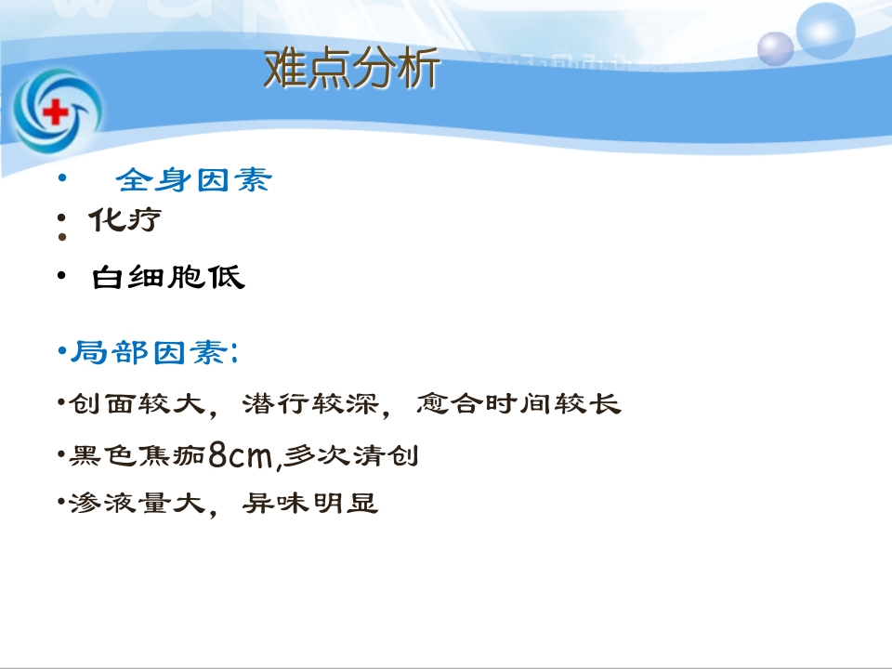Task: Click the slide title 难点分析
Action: tap(351, 70)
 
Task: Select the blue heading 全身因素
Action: tap(194, 179)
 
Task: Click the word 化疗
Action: tap(125, 220)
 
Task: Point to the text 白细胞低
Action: tap(168, 277)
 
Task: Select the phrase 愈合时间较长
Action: tap(518, 405)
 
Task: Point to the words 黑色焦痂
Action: tap(138, 456)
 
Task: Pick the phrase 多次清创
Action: tap(351, 456)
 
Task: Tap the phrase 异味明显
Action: tap(309, 505)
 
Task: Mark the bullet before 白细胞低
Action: tap(61, 275)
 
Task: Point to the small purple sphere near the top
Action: tap(776, 48)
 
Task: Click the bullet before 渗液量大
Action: tap(61, 505)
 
